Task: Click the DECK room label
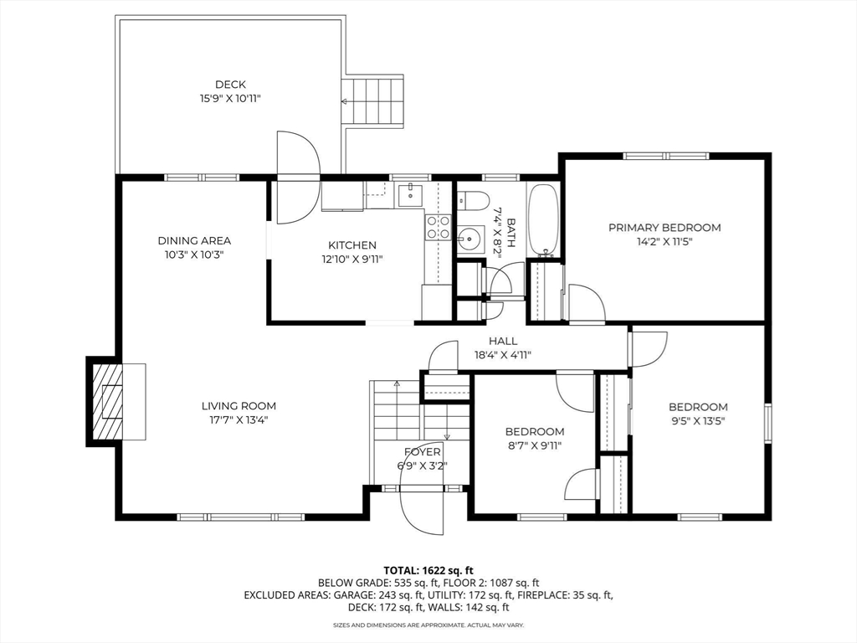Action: pos(230,85)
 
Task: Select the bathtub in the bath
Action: pos(542,220)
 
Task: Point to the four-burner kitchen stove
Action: pos(439,228)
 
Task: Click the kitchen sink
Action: pos(410,195)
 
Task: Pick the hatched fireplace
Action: pos(107,402)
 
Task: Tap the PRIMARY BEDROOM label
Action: pos(665,228)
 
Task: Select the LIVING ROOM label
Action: pos(239,406)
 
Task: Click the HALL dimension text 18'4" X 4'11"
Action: pos(503,355)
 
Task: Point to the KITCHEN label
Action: pos(352,245)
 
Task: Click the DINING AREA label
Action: pos(194,240)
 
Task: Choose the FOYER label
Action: pos(422,452)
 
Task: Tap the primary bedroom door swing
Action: pos(587,302)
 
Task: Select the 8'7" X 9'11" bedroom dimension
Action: pos(534,445)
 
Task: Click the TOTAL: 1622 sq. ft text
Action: pos(428,571)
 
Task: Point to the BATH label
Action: pos(511,233)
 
